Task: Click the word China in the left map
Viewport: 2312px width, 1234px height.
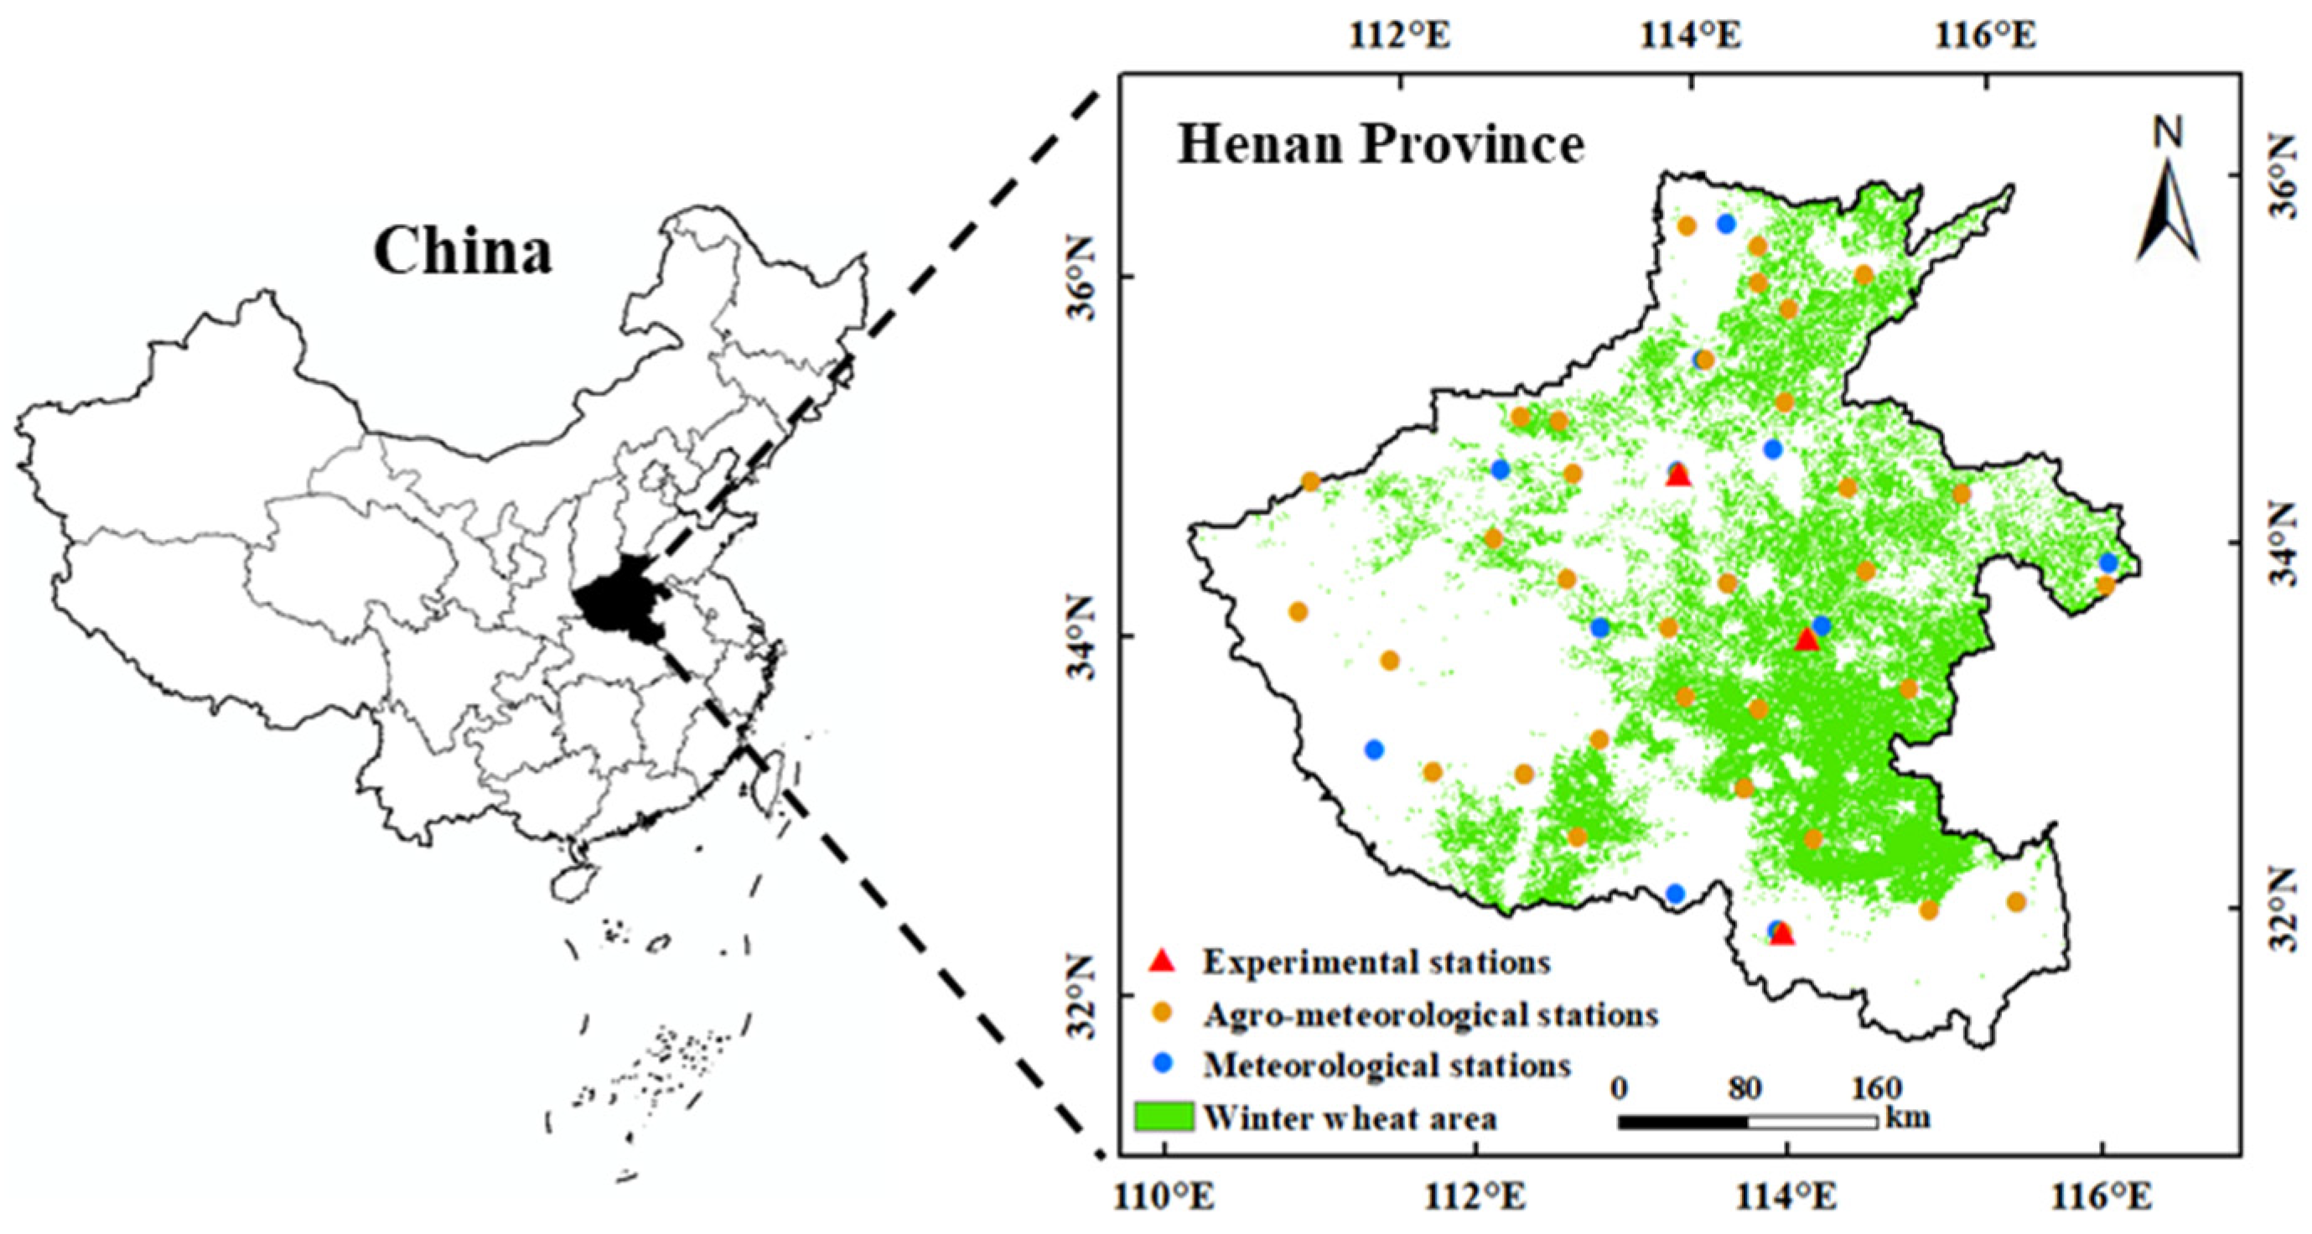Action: tap(462, 251)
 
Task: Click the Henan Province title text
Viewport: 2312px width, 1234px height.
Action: tap(1381, 144)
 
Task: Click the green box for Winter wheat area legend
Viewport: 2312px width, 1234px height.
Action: tap(1164, 1116)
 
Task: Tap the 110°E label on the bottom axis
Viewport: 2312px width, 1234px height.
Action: tap(1164, 1197)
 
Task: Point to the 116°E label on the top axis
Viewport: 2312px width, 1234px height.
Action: tap(1985, 37)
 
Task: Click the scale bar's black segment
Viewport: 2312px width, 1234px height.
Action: tap(1682, 1122)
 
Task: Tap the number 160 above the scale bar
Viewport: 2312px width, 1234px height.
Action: tap(1876, 1089)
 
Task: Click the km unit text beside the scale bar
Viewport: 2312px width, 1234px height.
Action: tap(1906, 1118)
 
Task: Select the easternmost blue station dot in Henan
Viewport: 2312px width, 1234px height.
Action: tap(2108, 563)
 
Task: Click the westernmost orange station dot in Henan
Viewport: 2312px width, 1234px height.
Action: tap(1298, 612)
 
